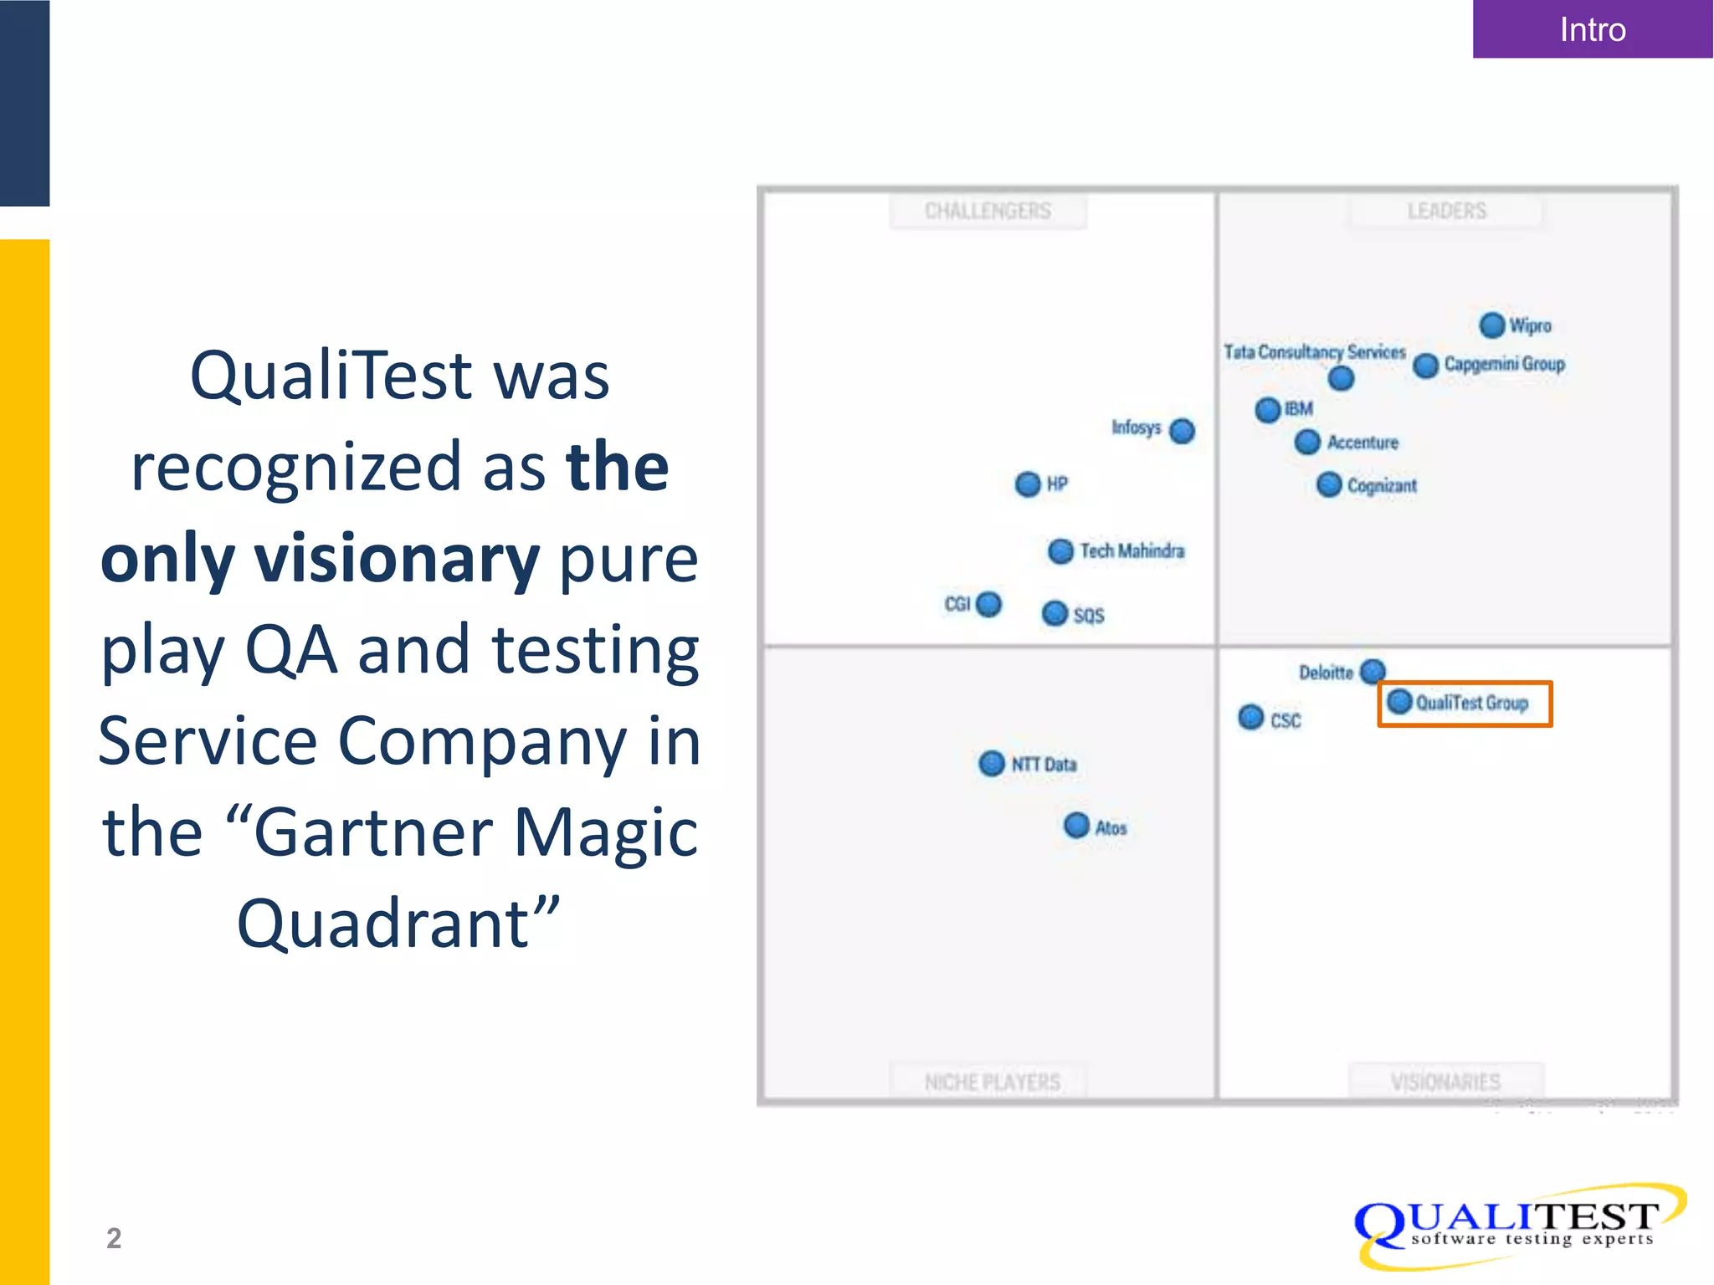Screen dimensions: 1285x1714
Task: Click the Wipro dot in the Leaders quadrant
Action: point(1491,325)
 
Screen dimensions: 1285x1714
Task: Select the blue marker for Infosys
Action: point(1182,431)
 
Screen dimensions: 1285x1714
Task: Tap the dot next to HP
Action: point(1027,484)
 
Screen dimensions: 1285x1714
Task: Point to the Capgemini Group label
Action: point(1504,364)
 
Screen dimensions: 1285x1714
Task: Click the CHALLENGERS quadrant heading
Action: point(988,211)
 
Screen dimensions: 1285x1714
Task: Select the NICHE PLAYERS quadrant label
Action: point(992,1082)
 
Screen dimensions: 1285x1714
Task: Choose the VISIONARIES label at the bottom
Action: point(1445,1082)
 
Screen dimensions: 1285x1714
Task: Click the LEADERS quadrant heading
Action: point(1446,211)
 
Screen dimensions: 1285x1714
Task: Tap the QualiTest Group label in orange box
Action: point(1471,703)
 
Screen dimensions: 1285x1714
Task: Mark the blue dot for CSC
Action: point(1250,717)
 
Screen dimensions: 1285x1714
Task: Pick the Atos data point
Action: point(1076,825)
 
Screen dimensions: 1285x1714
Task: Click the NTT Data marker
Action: point(991,763)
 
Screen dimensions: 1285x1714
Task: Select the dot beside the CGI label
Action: point(988,603)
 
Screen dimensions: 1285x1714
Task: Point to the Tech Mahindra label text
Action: point(1132,550)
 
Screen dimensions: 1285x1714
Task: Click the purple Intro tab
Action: point(1592,29)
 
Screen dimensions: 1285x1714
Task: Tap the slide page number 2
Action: point(114,1237)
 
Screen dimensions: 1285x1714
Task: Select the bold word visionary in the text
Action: point(397,558)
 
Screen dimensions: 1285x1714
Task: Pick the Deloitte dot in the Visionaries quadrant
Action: point(1373,670)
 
